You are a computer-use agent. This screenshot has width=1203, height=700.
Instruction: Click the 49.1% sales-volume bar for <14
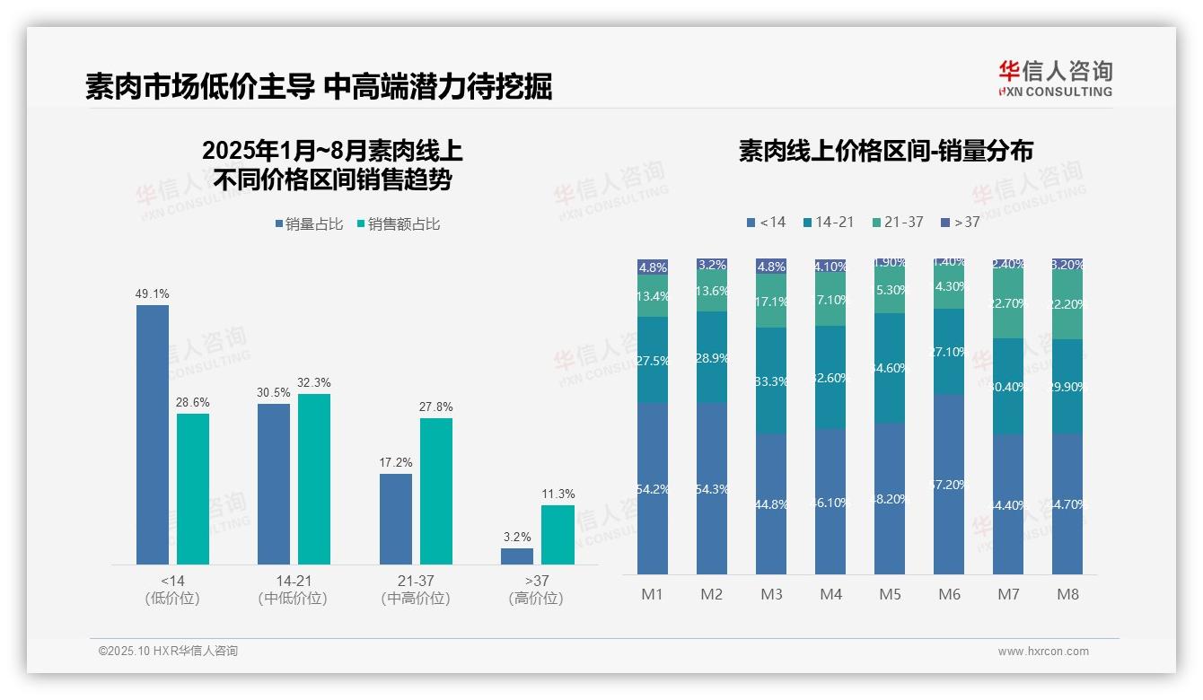coord(153,434)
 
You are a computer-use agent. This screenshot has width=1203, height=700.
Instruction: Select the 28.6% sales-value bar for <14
coord(193,488)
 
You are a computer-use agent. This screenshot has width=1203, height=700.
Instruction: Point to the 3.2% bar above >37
coord(517,556)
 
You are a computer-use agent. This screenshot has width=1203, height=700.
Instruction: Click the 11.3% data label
coord(558,494)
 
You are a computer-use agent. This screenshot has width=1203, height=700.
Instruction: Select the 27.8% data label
coord(436,407)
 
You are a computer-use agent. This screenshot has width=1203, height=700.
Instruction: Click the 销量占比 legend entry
coord(309,224)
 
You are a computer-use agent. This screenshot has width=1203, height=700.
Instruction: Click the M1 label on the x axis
coord(652,594)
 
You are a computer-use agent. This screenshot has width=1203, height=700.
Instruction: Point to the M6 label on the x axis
coord(949,594)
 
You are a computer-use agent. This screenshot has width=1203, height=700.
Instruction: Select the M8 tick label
coord(1067,594)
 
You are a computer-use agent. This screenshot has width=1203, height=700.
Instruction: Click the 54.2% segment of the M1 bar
coord(653,489)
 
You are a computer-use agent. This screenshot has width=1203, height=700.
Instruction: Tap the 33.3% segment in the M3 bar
coord(771,381)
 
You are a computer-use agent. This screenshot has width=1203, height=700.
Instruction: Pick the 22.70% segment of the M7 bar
coord(1008,303)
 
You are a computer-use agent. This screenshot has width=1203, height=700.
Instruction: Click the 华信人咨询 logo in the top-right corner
coord(1055,78)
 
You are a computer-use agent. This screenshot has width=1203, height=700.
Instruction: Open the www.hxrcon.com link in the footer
coord(1042,652)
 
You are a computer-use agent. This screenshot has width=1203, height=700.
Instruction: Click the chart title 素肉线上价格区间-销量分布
coord(885,151)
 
